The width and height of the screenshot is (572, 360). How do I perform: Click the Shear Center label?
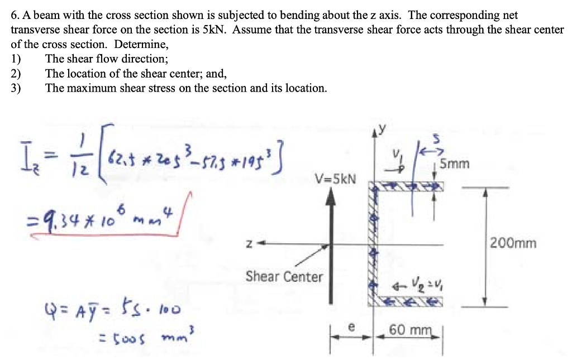point(284,276)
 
